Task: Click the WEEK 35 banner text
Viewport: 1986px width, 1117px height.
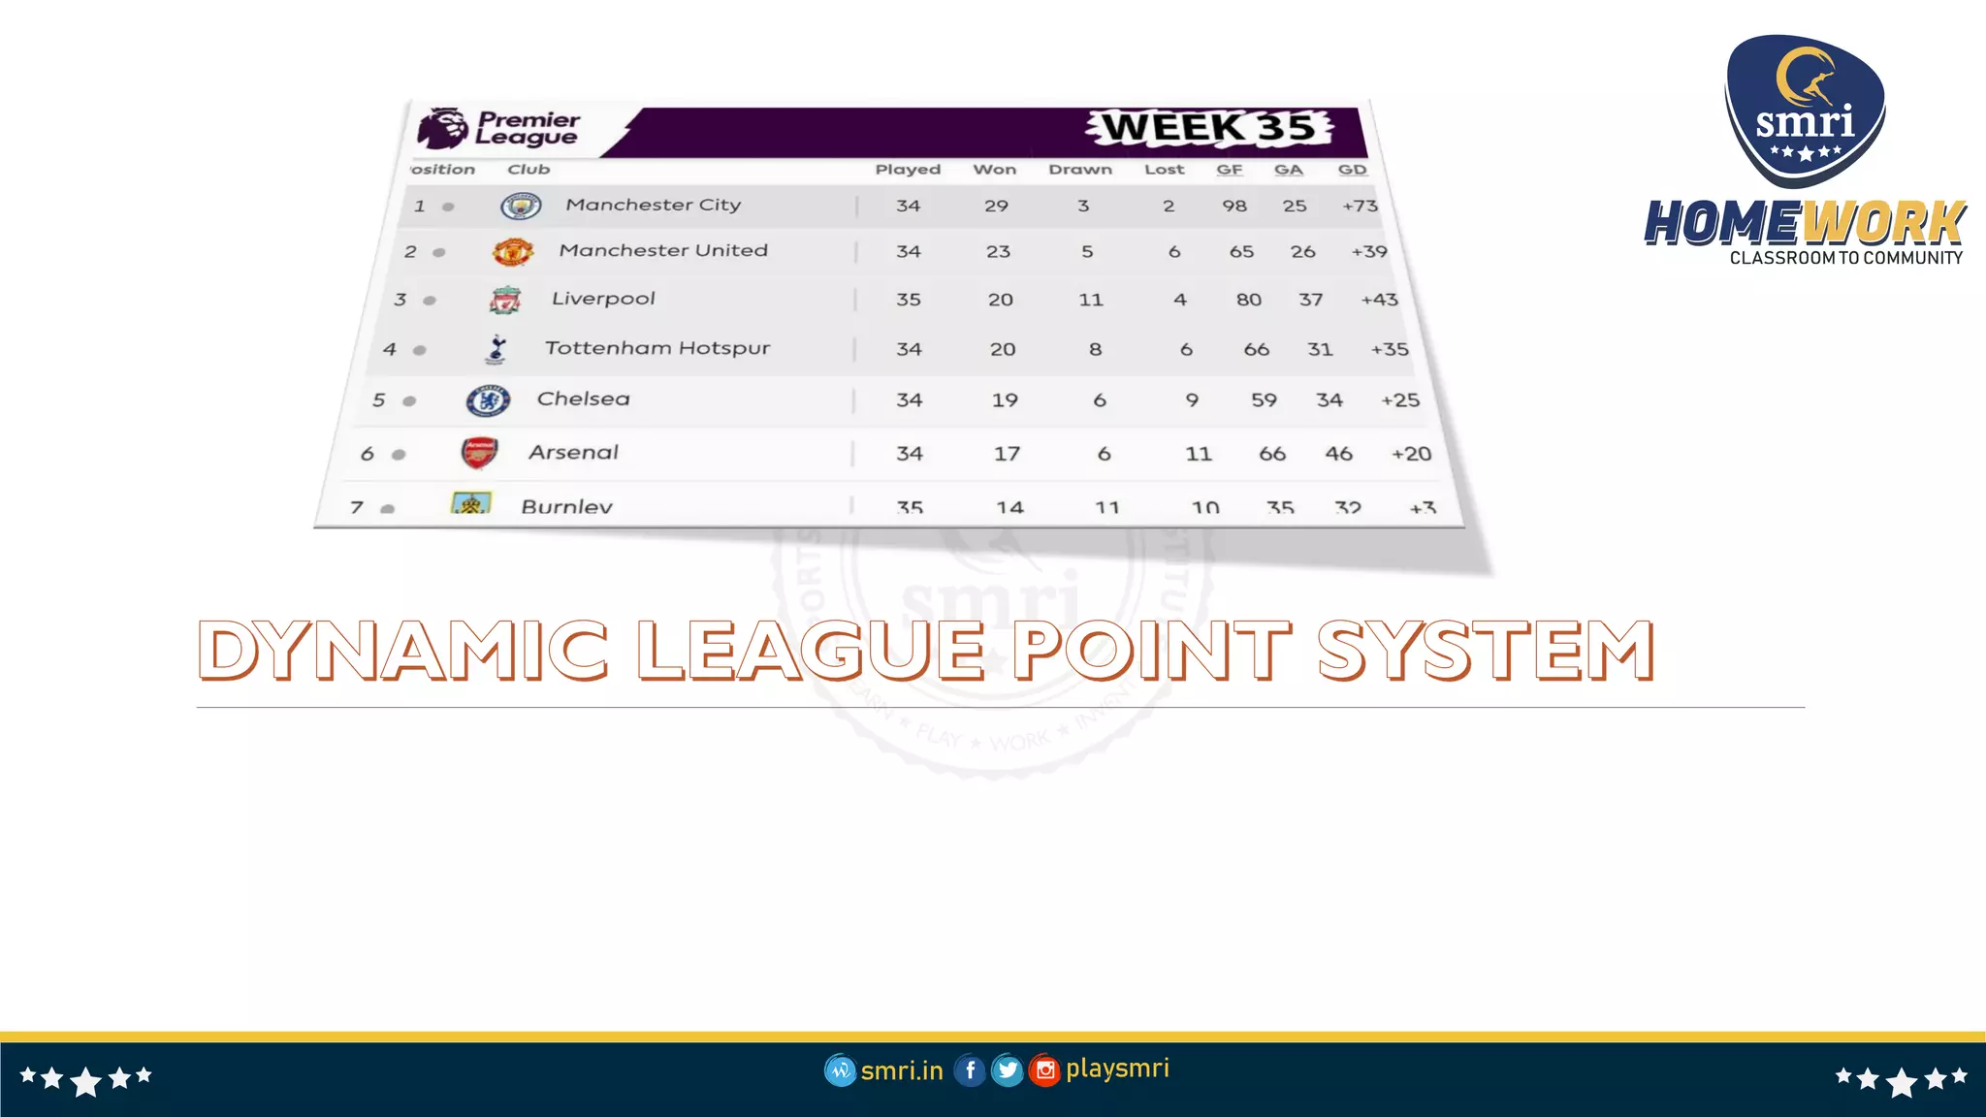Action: (1209, 127)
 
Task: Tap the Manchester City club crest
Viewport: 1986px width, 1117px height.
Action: (521, 206)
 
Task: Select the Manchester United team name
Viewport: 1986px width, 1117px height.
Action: (663, 250)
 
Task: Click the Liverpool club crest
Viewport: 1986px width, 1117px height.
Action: (505, 301)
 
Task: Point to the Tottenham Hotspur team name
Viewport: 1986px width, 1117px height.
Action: (657, 348)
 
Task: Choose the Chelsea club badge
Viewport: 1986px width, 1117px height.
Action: (488, 400)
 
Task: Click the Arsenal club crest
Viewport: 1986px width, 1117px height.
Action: (479, 453)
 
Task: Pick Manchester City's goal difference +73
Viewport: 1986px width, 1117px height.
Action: (1360, 206)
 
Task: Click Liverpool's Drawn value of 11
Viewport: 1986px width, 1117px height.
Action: (1091, 300)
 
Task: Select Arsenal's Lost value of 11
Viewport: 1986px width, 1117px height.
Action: (1199, 454)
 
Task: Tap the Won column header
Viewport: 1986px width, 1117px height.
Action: (995, 170)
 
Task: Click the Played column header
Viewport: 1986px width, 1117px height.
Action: (908, 170)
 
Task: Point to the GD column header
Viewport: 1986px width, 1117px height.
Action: (1352, 170)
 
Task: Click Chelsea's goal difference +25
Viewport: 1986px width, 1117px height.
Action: (1400, 400)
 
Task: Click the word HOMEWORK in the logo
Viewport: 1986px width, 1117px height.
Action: (1804, 224)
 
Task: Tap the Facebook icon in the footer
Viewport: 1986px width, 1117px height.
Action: (970, 1070)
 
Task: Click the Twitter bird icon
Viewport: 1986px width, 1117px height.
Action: (1008, 1070)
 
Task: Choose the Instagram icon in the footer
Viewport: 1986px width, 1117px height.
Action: (1044, 1070)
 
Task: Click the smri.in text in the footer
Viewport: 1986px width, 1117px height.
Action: (902, 1070)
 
